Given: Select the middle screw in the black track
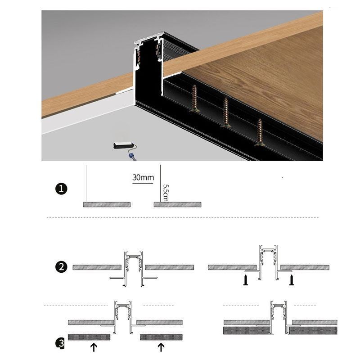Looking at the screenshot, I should (x=226, y=113).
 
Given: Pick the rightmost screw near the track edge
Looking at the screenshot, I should (x=260, y=132).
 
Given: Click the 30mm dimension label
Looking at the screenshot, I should (x=143, y=177).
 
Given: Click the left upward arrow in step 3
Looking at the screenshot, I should (x=94, y=346).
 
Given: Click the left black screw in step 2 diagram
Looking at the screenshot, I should (x=246, y=280).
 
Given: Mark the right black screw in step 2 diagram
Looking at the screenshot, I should (x=291, y=280).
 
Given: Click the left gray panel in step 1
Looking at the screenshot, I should (x=107, y=204).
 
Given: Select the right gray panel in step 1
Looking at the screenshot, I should (x=177, y=204).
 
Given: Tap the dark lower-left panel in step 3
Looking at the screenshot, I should (x=89, y=337).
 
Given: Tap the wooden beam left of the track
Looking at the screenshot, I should (x=85, y=94).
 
